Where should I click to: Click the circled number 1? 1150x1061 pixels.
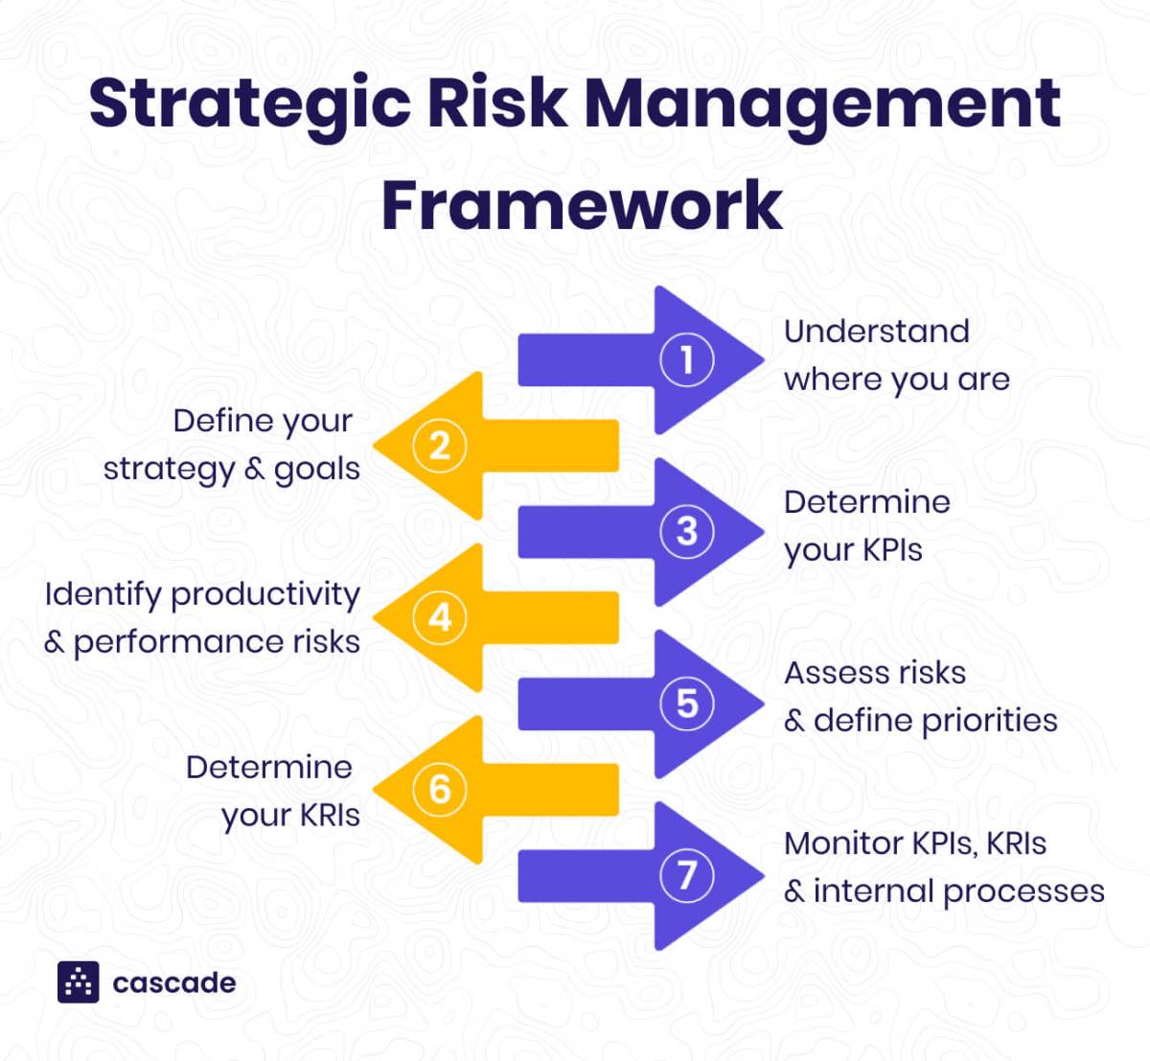pyautogui.click(x=686, y=360)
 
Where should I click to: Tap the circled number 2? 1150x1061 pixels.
pyautogui.click(x=440, y=446)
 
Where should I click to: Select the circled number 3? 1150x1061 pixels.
pyautogui.click(x=686, y=531)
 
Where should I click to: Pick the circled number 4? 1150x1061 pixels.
pyautogui.click(x=440, y=617)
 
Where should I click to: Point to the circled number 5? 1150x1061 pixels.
pyautogui.click(x=686, y=703)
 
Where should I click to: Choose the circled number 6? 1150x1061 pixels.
pyautogui.click(x=440, y=789)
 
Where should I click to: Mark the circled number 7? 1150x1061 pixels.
pyautogui.click(x=686, y=875)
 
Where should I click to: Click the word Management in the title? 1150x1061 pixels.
pyautogui.click(x=822, y=105)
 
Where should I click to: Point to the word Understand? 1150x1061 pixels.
pyautogui.click(x=876, y=332)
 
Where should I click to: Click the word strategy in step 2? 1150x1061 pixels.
pyautogui.click(x=169, y=470)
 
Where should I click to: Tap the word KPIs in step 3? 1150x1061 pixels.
pyautogui.click(x=891, y=550)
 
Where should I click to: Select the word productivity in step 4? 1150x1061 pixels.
pyautogui.click(x=265, y=595)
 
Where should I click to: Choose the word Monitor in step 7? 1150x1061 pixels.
pyautogui.click(x=843, y=843)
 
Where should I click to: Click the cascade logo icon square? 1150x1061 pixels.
pyautogui.click(x=79, y=981)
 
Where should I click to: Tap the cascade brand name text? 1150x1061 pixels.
pyautogui.click(x=173, y=983)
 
